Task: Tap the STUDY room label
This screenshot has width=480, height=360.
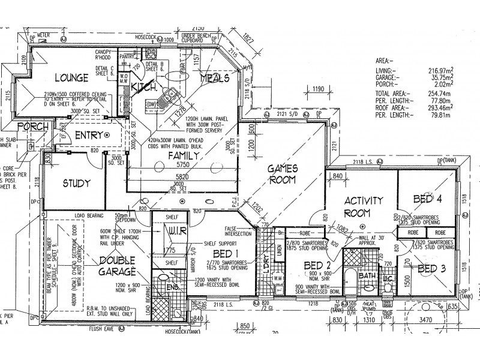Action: (x=76, y=183)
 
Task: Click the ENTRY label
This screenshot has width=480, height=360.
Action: (x=91, y=136)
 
